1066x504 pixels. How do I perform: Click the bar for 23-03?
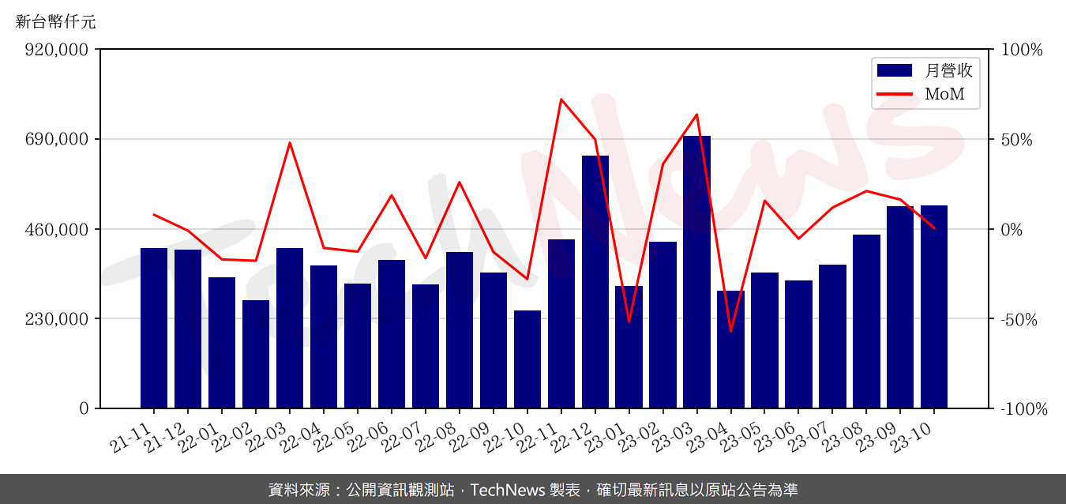point(696,273)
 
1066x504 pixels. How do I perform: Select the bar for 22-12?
point(595,282)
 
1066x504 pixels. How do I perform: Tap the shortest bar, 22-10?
point(527,359)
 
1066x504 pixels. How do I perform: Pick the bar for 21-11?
point(154,328)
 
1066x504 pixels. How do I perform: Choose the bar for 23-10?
point(934,307)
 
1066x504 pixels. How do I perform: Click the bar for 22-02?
point(256,354)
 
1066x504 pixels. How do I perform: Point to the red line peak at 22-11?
point(561,100)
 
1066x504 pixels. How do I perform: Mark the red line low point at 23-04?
point(730,331)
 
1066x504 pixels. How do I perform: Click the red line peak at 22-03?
point(290,143)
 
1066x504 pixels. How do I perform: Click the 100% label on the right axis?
point(1022,50)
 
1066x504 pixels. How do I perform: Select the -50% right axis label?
point(1022,320)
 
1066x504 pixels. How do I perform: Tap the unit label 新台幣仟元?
point(56,22)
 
